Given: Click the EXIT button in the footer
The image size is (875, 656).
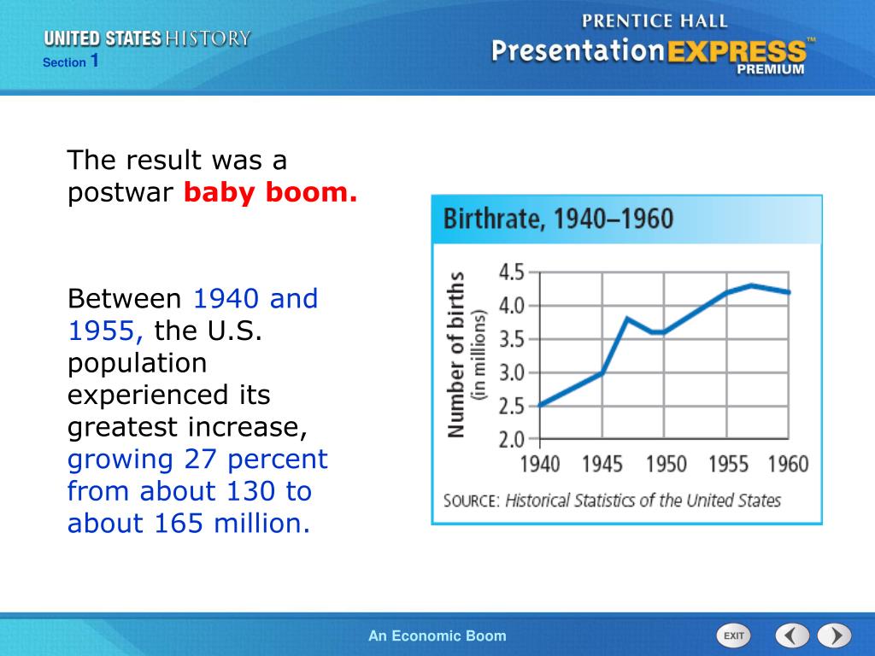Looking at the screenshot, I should point(732,635).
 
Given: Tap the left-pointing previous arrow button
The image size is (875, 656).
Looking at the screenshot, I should point(792,635).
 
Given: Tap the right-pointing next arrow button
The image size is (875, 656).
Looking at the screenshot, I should point(834,635).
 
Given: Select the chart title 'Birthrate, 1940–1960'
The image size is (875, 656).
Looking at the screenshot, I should point(558,220).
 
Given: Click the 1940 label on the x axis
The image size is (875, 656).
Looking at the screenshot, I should point(540,464).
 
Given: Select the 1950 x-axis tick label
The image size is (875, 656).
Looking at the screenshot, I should point(665,464).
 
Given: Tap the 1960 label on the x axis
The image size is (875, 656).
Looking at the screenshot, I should point(788,464).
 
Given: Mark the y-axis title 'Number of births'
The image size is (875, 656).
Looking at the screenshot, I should point(457,354).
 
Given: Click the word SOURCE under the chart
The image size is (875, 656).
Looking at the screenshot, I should point(470,501).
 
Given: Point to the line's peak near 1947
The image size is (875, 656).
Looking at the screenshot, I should point(627,319).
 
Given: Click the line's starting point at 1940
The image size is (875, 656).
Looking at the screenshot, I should point(540,406).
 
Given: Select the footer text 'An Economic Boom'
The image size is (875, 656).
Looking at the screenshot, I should point(437,635).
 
